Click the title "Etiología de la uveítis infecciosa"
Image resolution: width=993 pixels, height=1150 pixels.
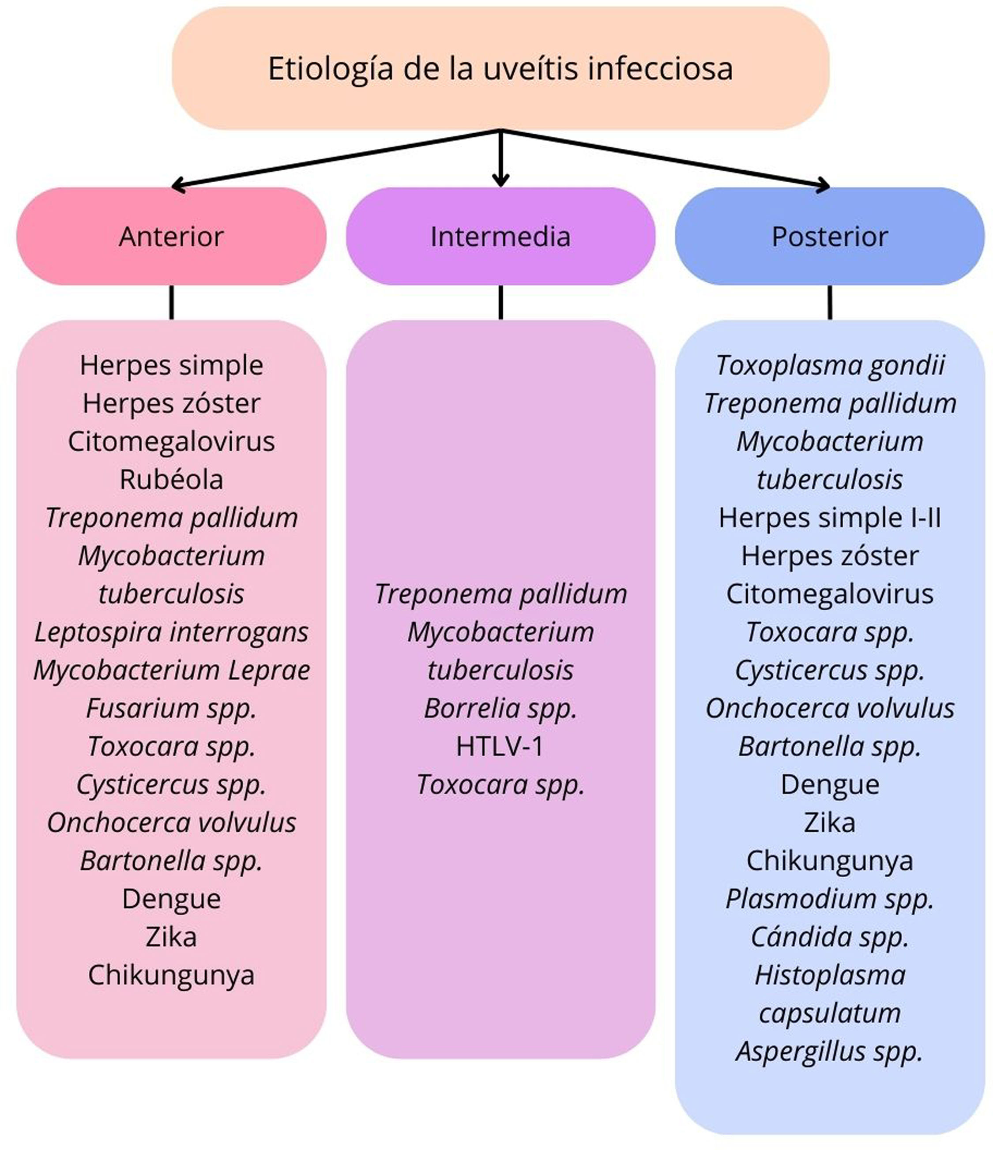(x=500, y=68)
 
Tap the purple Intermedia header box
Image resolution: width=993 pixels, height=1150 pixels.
(x=500, y=237)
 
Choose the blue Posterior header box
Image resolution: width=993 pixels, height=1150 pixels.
(x=829, y=237)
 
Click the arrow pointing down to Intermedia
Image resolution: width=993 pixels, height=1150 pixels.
(x=500, y=161)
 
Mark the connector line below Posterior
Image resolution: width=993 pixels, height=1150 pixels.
(x=829, y=302)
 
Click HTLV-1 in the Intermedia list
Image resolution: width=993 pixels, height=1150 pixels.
(x=500, y=747)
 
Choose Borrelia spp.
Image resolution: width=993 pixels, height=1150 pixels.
(x=500, y=709)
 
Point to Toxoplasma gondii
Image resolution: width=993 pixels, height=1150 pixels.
(x=829, y=365)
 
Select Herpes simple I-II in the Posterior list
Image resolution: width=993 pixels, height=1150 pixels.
(x=829, y=518)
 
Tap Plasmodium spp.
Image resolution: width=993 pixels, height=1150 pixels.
(x=829, y=899)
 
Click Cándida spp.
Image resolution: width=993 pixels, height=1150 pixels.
(x=829, y=937)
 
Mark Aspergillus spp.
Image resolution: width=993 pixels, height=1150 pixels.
(x=829, y=1052)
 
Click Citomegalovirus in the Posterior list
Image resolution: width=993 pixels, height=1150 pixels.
(x=829, y=594)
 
